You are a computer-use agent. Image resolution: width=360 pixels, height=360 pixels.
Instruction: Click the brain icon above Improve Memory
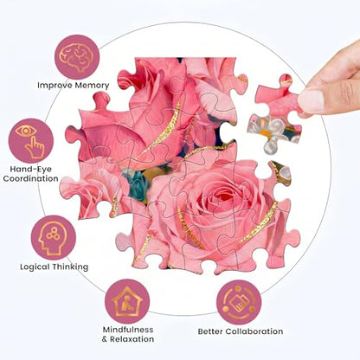point(77,57)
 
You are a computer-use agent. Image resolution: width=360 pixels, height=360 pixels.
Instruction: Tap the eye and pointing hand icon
point(31,141)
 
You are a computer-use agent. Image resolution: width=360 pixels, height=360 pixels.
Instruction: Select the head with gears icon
point(54,238)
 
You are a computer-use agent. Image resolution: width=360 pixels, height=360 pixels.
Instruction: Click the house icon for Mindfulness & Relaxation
point(127,301)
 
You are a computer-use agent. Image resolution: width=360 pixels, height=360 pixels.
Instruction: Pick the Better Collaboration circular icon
point(239,302)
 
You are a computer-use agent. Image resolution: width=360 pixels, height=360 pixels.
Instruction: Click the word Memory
point(92,86)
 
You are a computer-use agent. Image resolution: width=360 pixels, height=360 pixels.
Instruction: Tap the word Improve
point(55,86)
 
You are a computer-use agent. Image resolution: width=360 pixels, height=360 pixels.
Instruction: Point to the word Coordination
point(31,178)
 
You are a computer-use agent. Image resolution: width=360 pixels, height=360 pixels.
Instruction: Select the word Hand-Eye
point(31,169)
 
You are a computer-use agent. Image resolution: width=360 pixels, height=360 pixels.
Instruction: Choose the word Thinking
point(70,267)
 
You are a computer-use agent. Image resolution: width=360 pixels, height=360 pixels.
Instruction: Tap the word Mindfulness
point(128,330)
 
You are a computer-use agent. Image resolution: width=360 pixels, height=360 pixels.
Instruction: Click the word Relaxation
point(132,339)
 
